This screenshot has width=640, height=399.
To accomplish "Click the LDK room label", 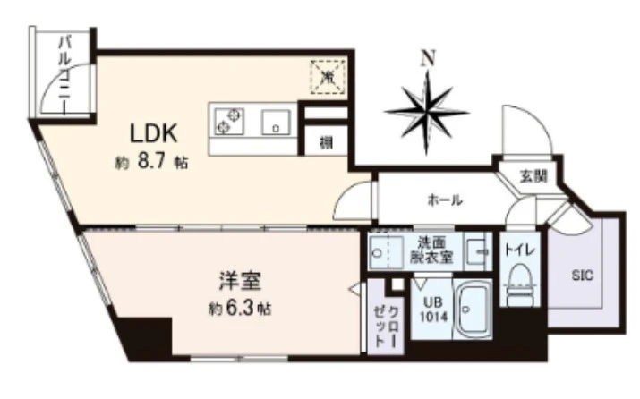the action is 153,133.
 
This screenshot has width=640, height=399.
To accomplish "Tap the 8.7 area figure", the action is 151,162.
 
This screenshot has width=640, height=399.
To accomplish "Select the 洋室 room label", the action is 240,281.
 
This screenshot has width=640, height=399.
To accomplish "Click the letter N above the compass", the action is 428,58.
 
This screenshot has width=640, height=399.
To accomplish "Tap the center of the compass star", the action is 427,112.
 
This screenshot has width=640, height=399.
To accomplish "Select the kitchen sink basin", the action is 276,122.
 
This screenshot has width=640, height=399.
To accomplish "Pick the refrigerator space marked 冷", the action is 328,77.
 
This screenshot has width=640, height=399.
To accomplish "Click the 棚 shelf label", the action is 326,143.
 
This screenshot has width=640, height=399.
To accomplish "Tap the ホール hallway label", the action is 445,199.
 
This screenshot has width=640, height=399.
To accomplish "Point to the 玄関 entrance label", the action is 533,176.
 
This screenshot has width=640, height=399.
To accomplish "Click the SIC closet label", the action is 583,276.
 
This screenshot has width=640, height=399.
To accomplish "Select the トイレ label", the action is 519,250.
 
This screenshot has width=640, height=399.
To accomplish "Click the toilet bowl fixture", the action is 519,284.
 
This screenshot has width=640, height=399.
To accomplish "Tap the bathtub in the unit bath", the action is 473,310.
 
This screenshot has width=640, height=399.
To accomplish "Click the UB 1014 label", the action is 433,310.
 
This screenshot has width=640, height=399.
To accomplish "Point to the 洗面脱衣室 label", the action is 431,250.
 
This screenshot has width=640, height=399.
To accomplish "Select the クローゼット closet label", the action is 386,326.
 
